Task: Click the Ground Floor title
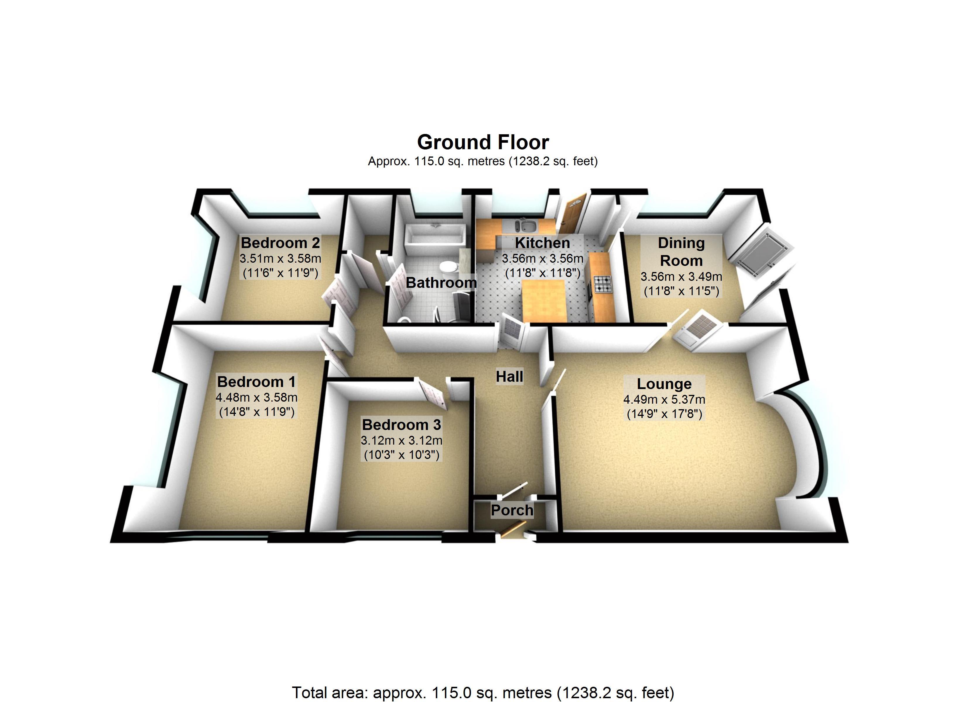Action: pos(483,142)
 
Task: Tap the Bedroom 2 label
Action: pos(280,243)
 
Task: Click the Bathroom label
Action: pos(441,282)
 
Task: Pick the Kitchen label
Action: pos(542,243)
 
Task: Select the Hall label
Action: pos(509,377)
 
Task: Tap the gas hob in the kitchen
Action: pos(603,284)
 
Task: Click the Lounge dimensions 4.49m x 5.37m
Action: pos(664,399)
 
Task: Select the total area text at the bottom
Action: pos(483,693)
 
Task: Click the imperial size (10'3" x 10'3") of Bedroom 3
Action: pos(401,455)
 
